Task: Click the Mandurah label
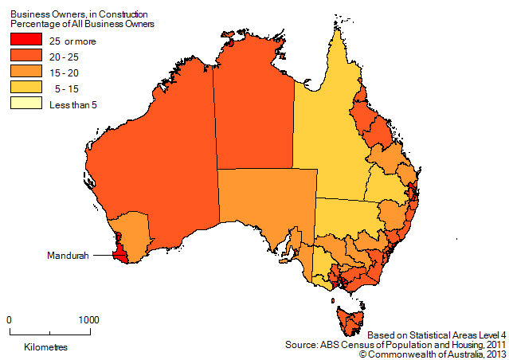point(66,256)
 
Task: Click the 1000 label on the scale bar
point(88,319)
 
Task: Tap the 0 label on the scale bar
point(10,319)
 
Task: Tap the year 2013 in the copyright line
point(491,354)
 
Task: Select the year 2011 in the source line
point(491,344)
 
